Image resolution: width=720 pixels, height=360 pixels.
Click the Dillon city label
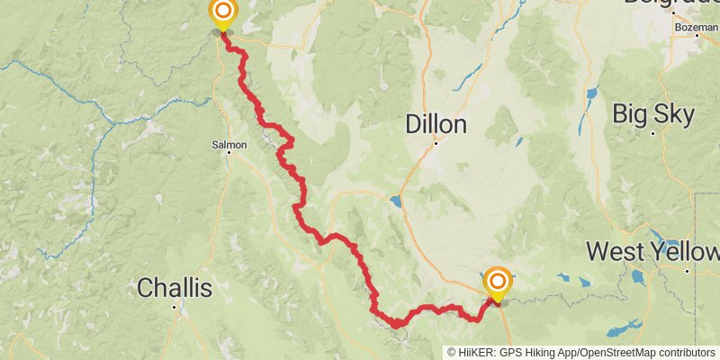tap(436, 123)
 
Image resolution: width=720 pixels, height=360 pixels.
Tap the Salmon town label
tap(229, 143)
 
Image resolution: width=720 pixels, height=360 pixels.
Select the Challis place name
tap(175, 288)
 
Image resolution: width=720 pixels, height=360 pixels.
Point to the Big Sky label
tap(653, 114)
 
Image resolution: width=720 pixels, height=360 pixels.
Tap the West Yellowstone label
tap(652, 251)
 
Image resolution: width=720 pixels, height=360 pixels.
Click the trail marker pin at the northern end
tap(222, 13)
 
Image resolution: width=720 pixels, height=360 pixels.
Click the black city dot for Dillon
tap(436, 141)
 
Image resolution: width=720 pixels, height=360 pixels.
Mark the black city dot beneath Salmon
tap(229, 152)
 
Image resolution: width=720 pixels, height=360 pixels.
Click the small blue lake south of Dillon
tap(396, 200)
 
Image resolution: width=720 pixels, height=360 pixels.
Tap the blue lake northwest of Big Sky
tap(591, 94)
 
